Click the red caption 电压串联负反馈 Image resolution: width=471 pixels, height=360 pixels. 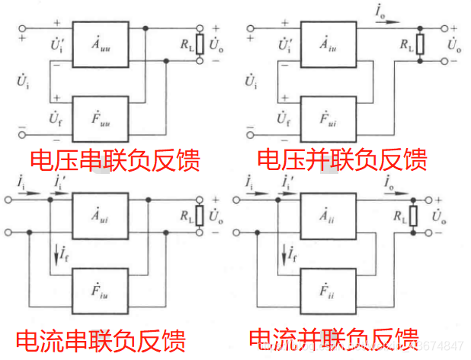tap(114, 160)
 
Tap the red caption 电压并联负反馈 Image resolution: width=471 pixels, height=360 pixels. tap(342, 159)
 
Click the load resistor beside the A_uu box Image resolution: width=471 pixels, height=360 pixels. tap(200, 45)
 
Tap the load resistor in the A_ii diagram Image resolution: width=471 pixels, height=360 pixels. tap(414, 217)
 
